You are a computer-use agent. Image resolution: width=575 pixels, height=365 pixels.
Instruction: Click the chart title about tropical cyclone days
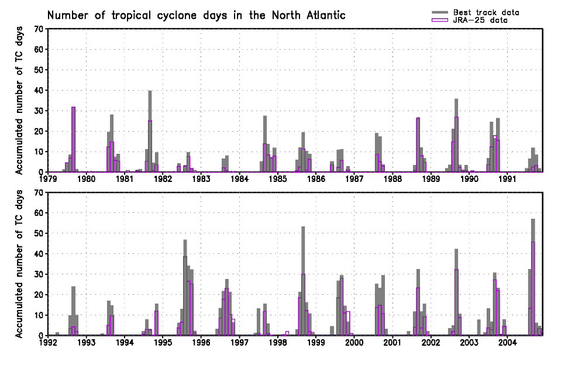(196, 15)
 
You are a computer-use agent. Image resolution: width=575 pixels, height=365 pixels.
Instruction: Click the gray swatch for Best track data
(440, 12)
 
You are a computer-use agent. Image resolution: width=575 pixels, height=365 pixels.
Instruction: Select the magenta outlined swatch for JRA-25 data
(440, 20)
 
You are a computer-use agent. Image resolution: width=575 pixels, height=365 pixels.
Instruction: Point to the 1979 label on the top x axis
(48, 179)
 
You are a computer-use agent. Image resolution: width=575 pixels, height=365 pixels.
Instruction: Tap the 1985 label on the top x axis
(278, 179)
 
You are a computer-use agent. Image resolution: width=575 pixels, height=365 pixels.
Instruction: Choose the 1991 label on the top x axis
(508, 179)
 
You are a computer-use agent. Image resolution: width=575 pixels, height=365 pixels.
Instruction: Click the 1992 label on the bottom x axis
(48, 343)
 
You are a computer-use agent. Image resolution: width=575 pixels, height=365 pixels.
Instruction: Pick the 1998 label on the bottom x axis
(278, 343)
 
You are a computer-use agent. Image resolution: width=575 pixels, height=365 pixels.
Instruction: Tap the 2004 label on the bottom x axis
(508, 343)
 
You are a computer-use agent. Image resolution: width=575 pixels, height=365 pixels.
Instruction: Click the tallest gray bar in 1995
(185, 287)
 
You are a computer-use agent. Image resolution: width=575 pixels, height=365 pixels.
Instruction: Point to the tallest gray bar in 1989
(456, 135)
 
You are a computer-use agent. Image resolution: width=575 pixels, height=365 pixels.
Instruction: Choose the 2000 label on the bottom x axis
(354, 343)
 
